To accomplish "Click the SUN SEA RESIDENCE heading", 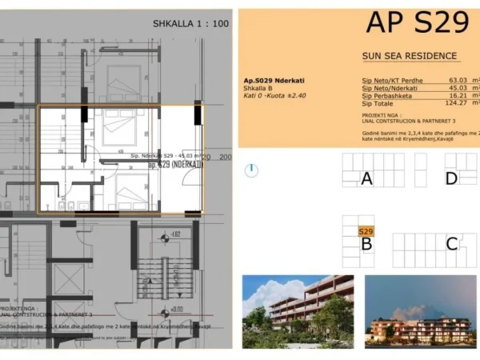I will [x=410, y=56].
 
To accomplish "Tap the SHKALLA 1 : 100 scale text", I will [x=190, y=24].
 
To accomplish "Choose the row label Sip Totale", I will [x=378, y=104].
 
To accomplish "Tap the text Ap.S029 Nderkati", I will [x=272, y=80].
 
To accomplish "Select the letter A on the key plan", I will [x=366, y=178].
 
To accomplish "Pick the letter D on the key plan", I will [x=451, y=178].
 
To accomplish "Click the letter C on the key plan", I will [x=451, y=244].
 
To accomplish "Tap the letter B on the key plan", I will [x=366, y=244].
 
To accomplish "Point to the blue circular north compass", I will [x=252, y=170].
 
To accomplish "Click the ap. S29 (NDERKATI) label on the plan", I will [x=175, y=164].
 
